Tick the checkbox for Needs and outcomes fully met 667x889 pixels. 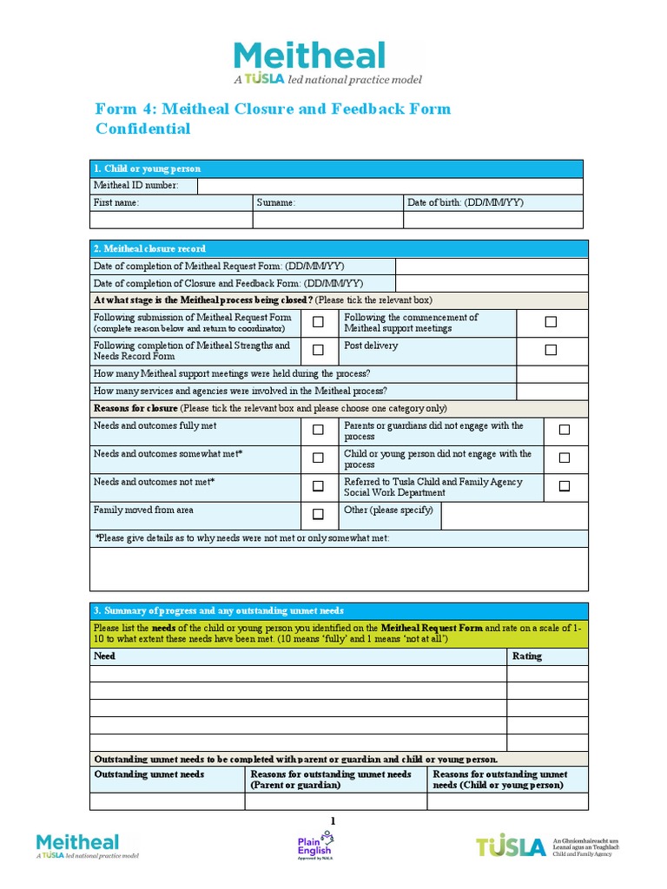click(x=318, y=430)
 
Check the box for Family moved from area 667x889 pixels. click(x=318, y=514)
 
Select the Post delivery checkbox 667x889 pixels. click(x=551, y=350)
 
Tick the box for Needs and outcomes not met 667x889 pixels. click(x=318, y=486)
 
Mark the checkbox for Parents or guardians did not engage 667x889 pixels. click(x=565, y=430)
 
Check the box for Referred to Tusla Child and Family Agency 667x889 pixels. click(x=565, y=486)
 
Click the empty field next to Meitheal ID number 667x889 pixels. click(x=391, y=186)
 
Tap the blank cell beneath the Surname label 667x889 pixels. click(x=327, y=220)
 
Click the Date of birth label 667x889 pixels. click(x=466, y=202)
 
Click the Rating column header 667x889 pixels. click(x=527, y=656)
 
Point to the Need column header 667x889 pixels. click(x=104, y=656)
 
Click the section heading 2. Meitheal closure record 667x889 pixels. click(x=149, y=248)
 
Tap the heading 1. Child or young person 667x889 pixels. click(x=147, y=168)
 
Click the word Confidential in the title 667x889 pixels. click(x=142, y=129)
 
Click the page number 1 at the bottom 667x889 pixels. click(x=332, y=821)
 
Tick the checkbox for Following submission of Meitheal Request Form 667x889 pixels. click(x=318, y=322)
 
